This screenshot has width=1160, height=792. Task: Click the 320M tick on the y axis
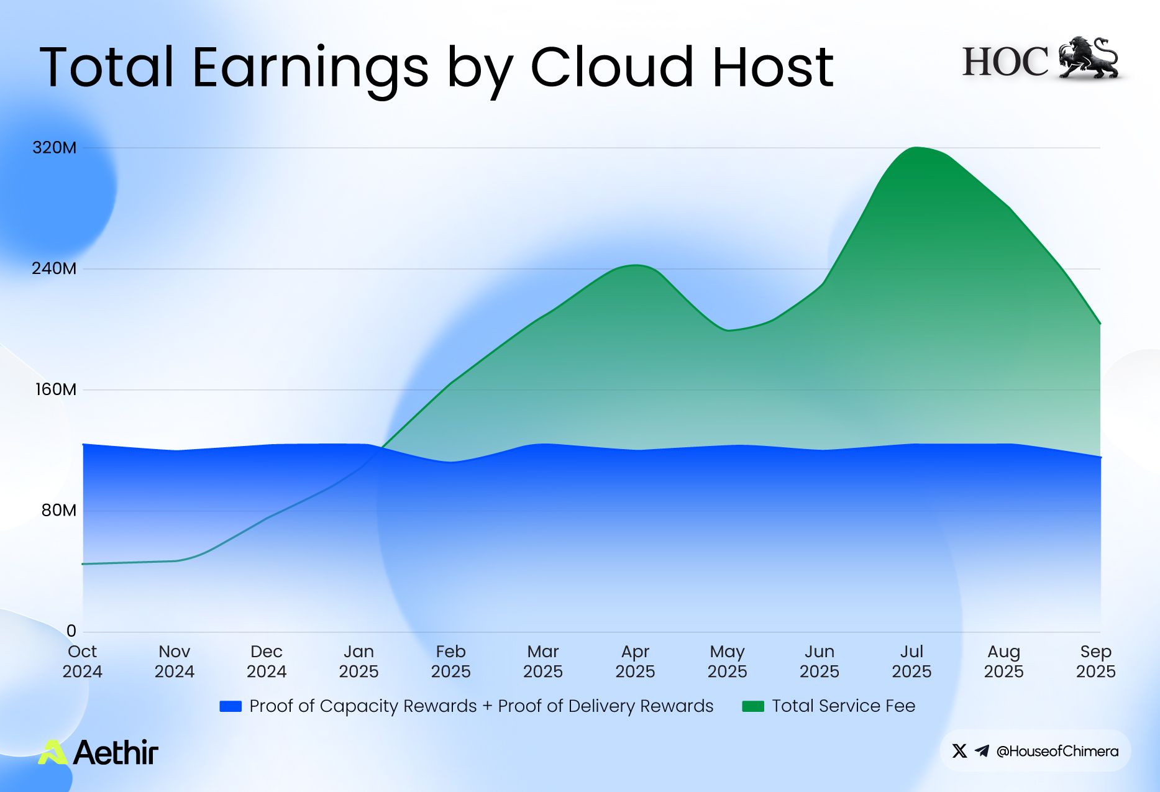point(55,148)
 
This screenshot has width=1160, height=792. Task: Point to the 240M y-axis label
point(55,269)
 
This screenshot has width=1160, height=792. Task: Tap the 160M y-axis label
point(56,389)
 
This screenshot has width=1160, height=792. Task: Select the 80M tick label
point(59,511)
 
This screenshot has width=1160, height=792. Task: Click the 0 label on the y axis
point(71,631)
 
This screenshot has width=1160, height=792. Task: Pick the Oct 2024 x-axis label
point(82,662)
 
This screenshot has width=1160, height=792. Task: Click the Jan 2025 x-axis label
point(359,662)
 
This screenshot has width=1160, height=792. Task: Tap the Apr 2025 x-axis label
point(635,662)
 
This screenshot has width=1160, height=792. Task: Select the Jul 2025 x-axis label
point(911,662)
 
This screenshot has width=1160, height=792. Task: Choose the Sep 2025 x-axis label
point(1095,662)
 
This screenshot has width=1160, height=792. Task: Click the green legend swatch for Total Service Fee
point(753,706)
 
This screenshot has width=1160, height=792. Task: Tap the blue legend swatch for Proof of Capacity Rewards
point(231,706)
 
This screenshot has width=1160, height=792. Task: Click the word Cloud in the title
point(611,67)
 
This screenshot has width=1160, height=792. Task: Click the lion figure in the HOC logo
point(1088,58)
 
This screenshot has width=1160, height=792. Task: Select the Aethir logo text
point(116,752)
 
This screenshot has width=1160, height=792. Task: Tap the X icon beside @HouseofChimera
point(959,751)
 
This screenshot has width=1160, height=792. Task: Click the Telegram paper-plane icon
point(982,751)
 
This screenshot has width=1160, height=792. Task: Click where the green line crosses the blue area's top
point(382,448)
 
